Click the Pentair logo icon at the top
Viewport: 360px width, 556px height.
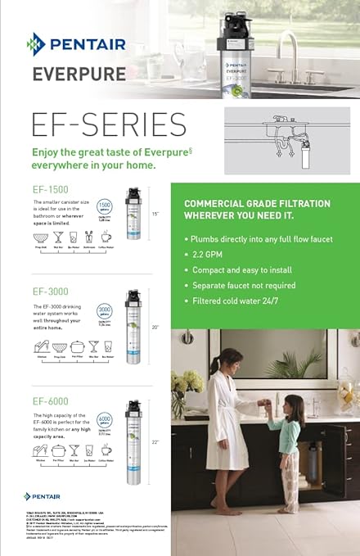point(35,43)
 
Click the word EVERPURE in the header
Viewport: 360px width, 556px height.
point(79,75)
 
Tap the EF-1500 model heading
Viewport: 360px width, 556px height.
point(52,189)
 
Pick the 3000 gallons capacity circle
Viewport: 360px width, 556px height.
point(104,311)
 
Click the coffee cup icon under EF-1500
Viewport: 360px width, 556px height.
point(106,237)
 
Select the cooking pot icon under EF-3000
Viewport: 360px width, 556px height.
point(78,346)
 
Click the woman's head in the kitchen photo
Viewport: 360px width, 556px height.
point(208,361)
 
